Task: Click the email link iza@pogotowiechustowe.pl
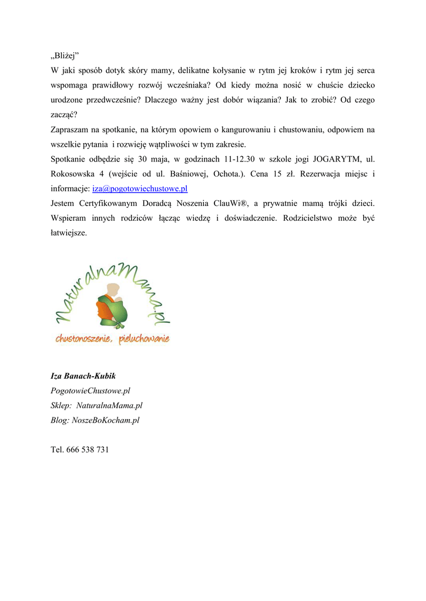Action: [140, 188]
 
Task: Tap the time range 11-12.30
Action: [241, 159]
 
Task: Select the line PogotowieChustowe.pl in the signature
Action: [90, 390]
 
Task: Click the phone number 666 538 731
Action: [88, 450]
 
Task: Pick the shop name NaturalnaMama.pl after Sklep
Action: [109, 405]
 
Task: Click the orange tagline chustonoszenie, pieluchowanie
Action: [112, 339]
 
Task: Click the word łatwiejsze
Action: [69, 232]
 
